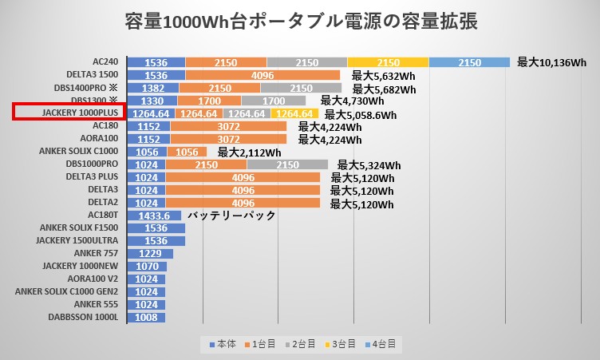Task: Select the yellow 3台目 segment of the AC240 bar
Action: pyautogui.click(x=388, y=62)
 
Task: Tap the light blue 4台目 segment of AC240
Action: pyautogui.click(x=470, y=62)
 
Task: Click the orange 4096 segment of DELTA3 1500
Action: pyautogui.click(x=262, y=76)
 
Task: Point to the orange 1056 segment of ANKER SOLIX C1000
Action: pyautogui.click(x=187, y=152)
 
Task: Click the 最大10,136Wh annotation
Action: pyautogui.click(x=551, y=62)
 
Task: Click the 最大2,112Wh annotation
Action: pyautogui.click(x=249, y=152)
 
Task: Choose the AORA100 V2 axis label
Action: pyautogui.click(x=89, y=279)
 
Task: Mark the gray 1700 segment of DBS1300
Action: pyautogui.click(x=273, y=101)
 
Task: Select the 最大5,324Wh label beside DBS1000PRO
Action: pyautogui.click(x=368, y=165)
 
